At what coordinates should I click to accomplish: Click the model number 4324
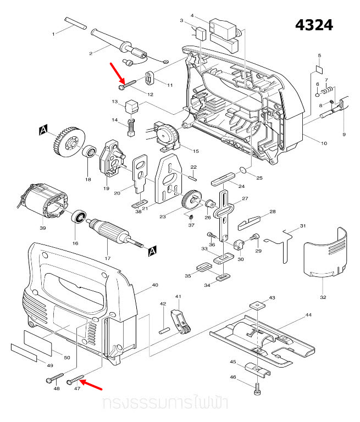click(x=314, y=25)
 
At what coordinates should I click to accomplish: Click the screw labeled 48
click(x=52, y=379)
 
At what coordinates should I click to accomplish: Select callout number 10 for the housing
click(x=324, y=143)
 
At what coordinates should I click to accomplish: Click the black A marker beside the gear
click(x=43, y=130)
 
